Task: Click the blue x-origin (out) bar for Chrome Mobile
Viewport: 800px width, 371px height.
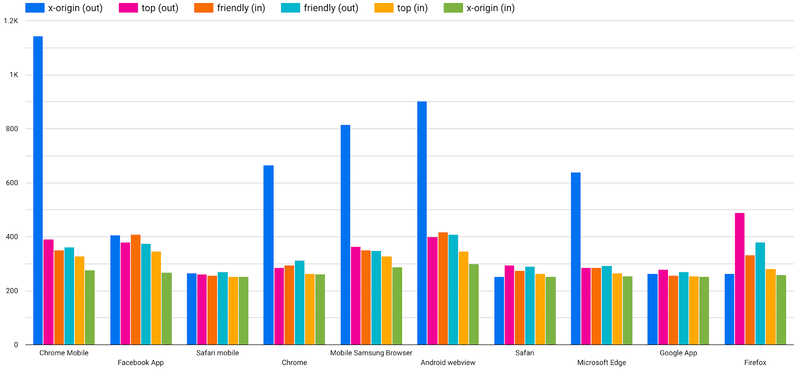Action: pos(38,190)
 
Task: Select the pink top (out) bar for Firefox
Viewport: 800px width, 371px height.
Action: pos(739,278)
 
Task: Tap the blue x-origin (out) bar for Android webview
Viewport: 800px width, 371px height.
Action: pos(422,223)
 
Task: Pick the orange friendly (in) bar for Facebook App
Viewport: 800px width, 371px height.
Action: pos(135,289)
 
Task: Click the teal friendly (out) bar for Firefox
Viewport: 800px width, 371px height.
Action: pos(760,293)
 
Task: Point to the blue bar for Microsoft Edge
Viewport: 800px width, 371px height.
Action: pos(575,258)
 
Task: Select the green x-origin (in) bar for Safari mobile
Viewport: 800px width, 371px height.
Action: pos(243,310)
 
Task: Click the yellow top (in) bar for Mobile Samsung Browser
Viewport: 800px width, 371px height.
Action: pos(386,300)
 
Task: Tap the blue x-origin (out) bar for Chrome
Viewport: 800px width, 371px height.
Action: pos(268,255)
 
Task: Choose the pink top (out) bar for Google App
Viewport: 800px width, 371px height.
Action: pos(663,307)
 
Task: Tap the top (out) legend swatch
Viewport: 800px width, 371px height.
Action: pos(128,8)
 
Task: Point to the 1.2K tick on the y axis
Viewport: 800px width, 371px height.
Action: pos(11,21)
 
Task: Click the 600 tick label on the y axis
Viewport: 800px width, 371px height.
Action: pos(12,183)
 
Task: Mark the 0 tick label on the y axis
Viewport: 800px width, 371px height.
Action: pos(16,344)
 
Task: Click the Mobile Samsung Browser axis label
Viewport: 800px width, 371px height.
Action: pos(371,353)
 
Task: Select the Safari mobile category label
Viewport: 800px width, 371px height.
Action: pos(217,353)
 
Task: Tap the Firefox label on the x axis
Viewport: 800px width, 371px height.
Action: pos(755,362)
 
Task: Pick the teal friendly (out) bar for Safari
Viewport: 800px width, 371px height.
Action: pos(529,305)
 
